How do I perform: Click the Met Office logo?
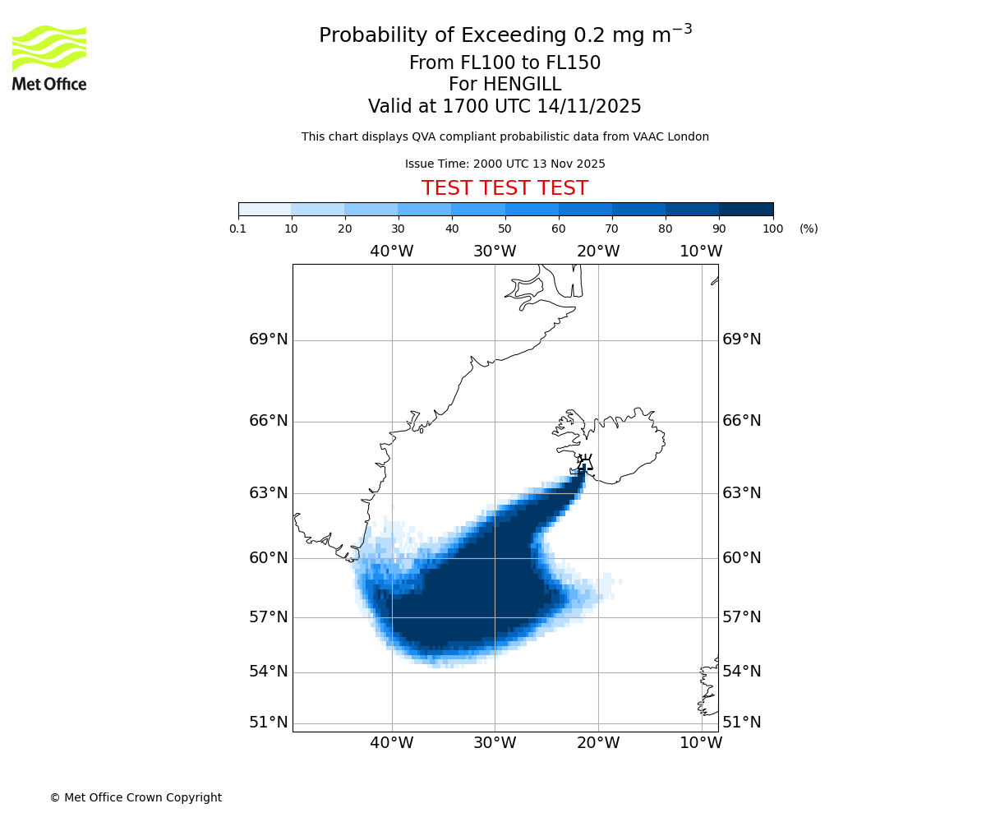pyautogui.click(x=49, y=58)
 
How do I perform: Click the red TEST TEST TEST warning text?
pyautogui.click(x=505, y=188)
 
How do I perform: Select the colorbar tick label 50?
pyautogui.click(x=505, y=229)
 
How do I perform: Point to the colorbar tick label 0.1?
pyautogui.click(x=238, y=229)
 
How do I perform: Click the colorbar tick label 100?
pyautogui.click(x=772, y=229)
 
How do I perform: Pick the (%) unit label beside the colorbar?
pyautogui.click(x=809, y=229)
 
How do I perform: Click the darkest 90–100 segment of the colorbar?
pyautogui.click(x=746, y=209)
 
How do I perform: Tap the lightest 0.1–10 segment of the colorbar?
pyautogui.click(x=265, y=209)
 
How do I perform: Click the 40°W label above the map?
pyautogui.click(x=391, y=252)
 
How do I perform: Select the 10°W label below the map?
pyautogui.click(x=701, y=743)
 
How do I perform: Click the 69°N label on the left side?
pyautogui.click(x=269, y=339)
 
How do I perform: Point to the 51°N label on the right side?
pyautogui.click(x=741, y=723)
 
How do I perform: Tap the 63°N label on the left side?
pyautogui.click(x=269, y=493)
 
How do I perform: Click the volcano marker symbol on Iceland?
pyautogui.click(x=584, y=462)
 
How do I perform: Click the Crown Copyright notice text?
pyautogui.click(x=136, y=797)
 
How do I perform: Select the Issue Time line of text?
pyautogui.click(x=505, y=164)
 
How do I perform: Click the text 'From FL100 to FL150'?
pyautogui.click(x=505, y=63)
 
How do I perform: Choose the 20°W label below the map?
pyautogui.click(x=598, y=743)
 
